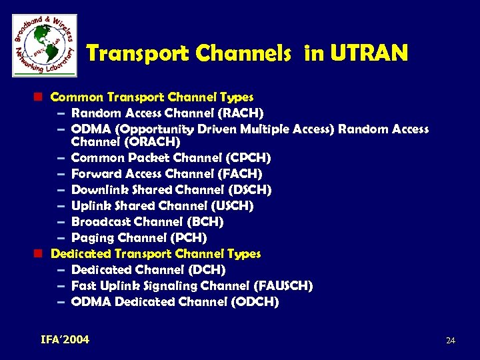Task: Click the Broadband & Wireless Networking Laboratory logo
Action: point(44,45)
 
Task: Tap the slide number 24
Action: point(450,341)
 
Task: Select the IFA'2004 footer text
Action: point(65,340)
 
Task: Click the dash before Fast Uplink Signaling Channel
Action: point(61,286)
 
